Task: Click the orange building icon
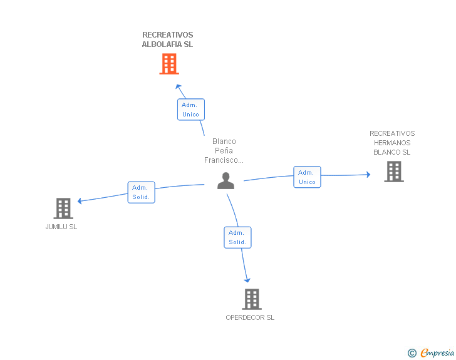click(x=169, y=64)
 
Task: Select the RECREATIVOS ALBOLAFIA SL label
click(x=167, y=39)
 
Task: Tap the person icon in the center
click(x=225, y=181)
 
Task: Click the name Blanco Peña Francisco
click(x=224, y=151)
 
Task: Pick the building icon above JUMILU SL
click(x=63, y=208)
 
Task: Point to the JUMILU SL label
click(x=61, y=227)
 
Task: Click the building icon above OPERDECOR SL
click(x=252, y=299)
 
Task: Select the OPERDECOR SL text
click(x=250, y=317)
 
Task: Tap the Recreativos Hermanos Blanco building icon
click(x=394, y=172)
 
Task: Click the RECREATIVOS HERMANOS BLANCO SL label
click(x=392, y=143)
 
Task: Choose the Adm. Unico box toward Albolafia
click(x=191, y=110)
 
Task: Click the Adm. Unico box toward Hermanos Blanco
click(x=307, y=177)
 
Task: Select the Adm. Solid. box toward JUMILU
click(x=142, y=192)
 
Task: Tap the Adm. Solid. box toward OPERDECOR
click(x=237, y=237)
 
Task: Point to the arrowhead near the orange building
click(x=179, y=86)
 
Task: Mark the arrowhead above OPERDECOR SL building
click(x=247, y=280)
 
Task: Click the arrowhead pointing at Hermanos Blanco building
click(x=368, y=175)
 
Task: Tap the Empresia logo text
click(x=437, y=352)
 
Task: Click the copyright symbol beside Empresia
click(x=412, y=353)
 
